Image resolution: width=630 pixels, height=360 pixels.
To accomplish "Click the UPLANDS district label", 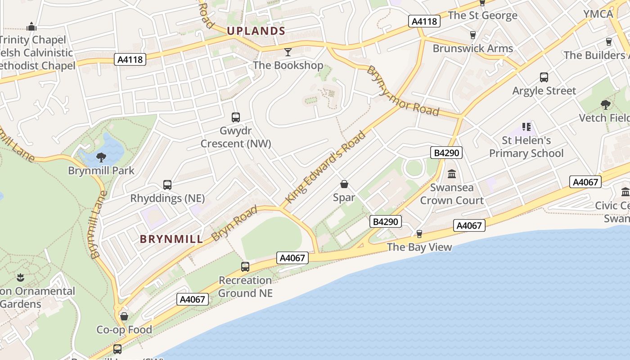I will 256,31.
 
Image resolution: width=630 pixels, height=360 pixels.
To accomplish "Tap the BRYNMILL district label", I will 171,239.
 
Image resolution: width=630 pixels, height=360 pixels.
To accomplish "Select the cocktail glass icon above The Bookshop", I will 288,52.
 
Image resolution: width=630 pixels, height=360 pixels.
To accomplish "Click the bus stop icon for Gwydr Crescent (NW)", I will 236,117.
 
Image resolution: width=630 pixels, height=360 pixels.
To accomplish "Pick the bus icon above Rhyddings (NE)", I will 167,184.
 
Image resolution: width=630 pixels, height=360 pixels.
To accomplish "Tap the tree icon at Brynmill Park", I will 101,157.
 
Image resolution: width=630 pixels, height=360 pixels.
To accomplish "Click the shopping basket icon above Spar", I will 344,184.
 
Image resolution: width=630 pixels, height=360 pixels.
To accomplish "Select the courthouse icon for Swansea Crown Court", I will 452,174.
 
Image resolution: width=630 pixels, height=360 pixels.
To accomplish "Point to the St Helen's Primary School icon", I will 526,127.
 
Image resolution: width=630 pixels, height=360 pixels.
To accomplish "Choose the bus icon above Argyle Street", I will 544,77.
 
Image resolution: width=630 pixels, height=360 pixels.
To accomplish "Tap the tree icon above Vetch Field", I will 605,105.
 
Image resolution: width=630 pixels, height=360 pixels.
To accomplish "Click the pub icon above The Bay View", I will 419,234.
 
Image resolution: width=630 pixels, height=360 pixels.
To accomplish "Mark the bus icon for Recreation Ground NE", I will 245,266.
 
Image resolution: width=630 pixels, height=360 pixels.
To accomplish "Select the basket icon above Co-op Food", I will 124,316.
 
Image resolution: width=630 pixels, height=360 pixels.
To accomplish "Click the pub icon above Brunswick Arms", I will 473,35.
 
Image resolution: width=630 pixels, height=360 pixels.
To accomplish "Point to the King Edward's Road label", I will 326,166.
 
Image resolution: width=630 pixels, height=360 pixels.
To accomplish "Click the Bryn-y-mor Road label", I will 403,91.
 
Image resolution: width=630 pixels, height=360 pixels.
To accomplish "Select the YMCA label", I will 598,14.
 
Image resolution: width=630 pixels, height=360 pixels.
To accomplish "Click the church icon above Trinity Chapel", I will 31,27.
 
